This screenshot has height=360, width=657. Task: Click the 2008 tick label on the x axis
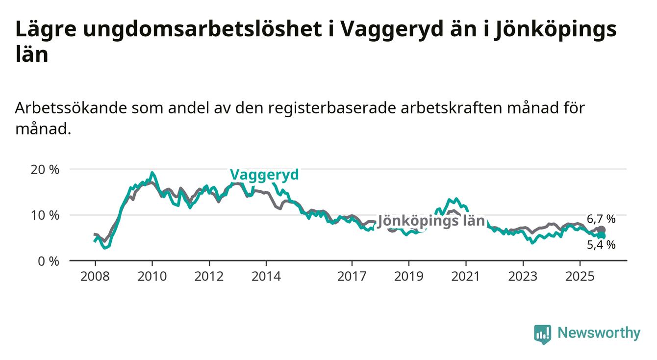pyautogui.click(x=95, y=276)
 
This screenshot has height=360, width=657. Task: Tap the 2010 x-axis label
pyautogui.click(x=152, y=276)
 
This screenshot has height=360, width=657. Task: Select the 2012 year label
pyautogui.click(x=209, y=276)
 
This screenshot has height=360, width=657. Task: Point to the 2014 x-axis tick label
pyautogui.click(x=266, y=276)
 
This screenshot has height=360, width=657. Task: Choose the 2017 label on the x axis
pyautogui.click(x=352, y=276)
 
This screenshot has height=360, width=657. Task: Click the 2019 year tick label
pyautogui.click(x=409, y=276)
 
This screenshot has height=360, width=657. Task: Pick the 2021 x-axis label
pyautogui.click(x=466, y=276)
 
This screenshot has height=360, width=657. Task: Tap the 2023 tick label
pyautogui.click(x=523, y=276)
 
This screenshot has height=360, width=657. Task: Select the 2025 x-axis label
pyautogui.click(x=580, y=276)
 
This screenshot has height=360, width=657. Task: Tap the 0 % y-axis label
pyautogui.click(x=48, y=261)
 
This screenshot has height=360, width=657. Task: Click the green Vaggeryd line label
pyautogui.click(x=264, y=175)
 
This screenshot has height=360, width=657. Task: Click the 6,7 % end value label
pyautogui.click(x=601, y=219)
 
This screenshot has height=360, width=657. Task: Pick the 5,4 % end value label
pyautogui.click(x=601, y=244)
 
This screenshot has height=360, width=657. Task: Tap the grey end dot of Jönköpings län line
pyautogui.click(x=602, y=230)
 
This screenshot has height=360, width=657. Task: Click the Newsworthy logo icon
pyautogui.click(x=542, y=334)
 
